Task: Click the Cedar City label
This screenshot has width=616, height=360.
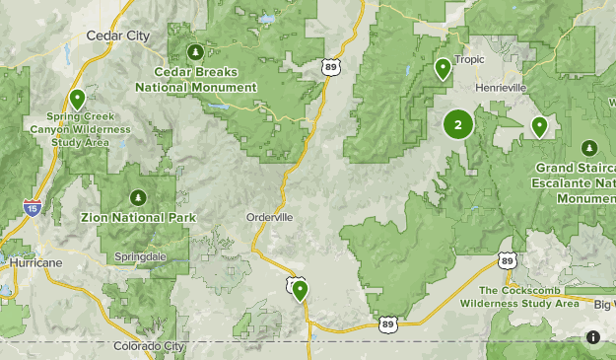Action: [x=117, y=36]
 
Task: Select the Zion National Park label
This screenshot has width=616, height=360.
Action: [x=138, y=217]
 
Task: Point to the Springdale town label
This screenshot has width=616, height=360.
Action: [x=139, y=255]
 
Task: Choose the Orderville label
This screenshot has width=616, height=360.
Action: [x=269, y=218]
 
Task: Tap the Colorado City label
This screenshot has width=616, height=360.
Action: [x=148, y=346]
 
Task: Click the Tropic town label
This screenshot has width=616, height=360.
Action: [x=469, y=59]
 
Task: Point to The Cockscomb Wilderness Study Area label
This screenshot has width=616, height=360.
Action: [x=528, y=297]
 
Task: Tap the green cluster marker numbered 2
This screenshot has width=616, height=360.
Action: [x=457, y=124]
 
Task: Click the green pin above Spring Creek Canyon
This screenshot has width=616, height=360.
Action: [x=77, y=99]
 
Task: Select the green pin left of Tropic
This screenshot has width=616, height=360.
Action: [x=444, y=68]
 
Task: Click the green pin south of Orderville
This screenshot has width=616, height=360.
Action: [x=299, y=289]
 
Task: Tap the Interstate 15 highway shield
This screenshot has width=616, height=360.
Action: [x=32, y=207]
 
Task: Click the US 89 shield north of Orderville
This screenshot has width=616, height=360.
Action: [x=329, y=66]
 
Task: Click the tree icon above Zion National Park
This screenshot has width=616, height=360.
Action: [x=138, y=195]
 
